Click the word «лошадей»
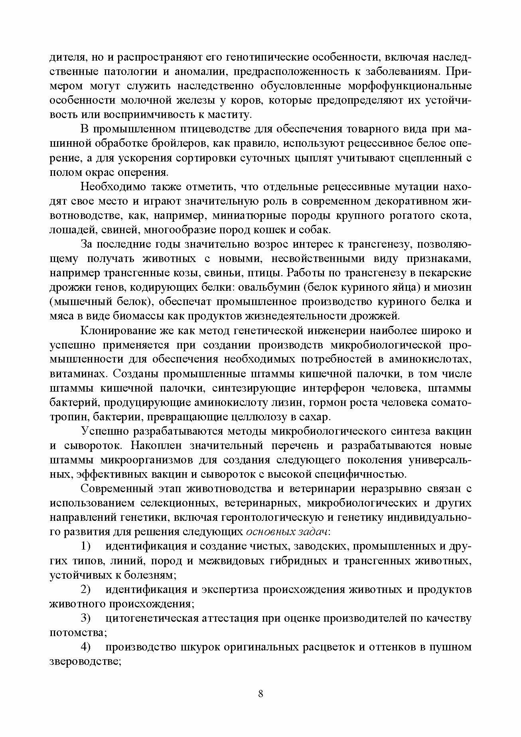coord(69,230)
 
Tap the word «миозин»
coord(454,288)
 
